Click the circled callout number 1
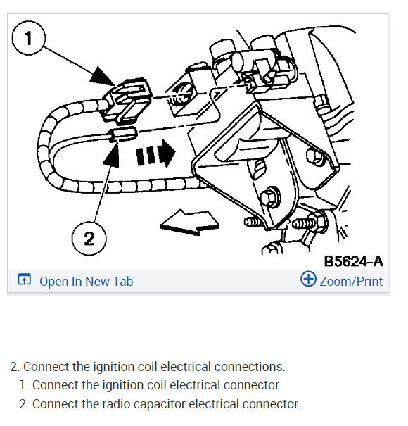29,38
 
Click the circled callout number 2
89,238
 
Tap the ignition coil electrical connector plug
125,100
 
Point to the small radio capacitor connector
122,134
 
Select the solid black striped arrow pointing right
155,154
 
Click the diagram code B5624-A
353,262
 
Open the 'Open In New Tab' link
86,282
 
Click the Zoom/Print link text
351,282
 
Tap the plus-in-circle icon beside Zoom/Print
308,279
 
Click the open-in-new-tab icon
25,280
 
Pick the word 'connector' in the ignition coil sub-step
252,385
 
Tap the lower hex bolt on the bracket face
270,196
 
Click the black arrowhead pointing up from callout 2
113,154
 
